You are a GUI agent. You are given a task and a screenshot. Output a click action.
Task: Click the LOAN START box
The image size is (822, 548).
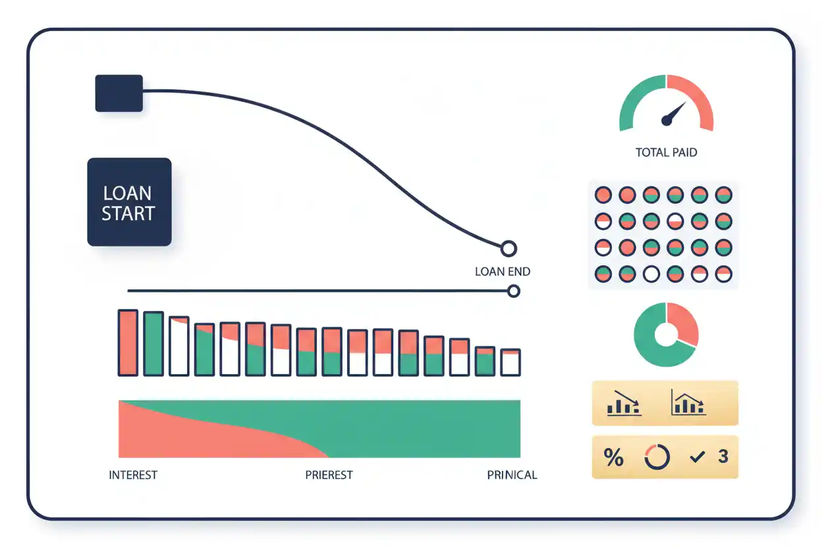click(x=129, y=202)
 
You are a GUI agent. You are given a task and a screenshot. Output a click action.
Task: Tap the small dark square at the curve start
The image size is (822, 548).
click(x=119, y=94)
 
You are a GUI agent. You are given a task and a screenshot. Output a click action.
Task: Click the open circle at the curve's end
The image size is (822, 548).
click(x=508, y=249)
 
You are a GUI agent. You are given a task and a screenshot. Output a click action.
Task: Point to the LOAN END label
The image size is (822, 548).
click(x=503, y=271)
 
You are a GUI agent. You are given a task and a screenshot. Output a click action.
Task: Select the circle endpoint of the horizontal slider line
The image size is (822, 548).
click(x=514, y=291)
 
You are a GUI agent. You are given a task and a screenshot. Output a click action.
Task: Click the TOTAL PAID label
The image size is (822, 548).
click(x=666, y=152)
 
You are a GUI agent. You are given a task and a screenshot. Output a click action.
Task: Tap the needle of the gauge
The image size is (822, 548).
click(x=674, y=114)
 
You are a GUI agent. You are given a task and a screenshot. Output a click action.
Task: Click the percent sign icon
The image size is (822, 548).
click(x=613, y=457)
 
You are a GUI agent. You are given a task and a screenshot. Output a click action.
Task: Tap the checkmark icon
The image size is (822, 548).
click(x=698, y=456)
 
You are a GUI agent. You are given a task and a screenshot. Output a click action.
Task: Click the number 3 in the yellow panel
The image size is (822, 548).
click(x=723, y=456)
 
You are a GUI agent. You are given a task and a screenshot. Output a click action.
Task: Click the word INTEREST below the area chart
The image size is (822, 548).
click(x=133, y=475)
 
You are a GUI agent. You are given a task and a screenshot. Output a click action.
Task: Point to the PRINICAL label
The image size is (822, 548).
click(x=512, y=475)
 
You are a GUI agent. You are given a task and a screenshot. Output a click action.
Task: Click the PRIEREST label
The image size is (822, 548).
click(x=329, y=475)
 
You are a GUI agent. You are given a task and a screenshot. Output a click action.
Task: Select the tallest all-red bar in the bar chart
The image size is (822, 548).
click(x=128, y=342)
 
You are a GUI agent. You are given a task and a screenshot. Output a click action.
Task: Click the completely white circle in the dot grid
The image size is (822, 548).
click(x=651, y=274)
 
